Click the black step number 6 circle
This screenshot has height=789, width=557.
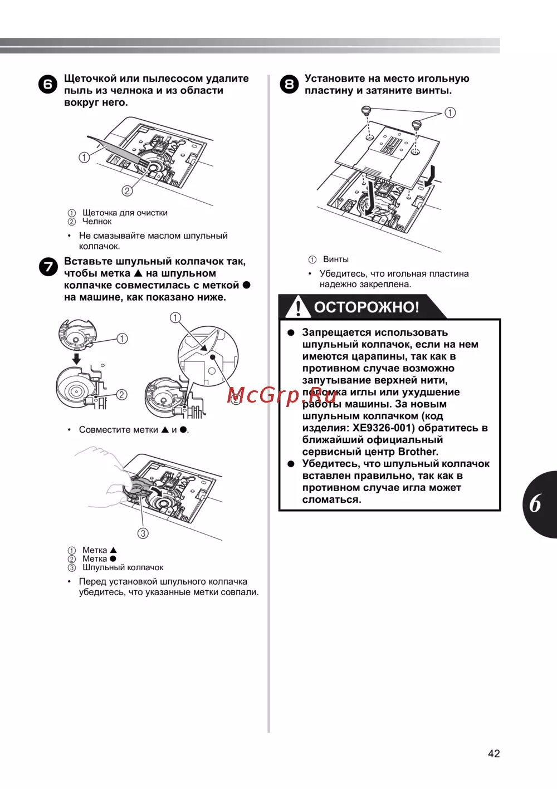(x=48, y=84)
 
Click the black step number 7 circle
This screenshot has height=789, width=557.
(x=48, y=267)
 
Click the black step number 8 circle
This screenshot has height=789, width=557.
(x=289, y=84)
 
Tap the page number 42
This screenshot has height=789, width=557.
(x=494, y=753)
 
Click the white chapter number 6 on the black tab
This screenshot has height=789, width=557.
(x=535, y=503)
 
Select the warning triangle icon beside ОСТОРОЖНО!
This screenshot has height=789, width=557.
(x=299, y=307)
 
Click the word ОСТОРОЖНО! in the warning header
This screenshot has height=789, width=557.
(x=367, y=307)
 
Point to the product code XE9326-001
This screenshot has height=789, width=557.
(x=384, y=428)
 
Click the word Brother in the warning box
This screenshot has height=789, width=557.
(x=418, y=452)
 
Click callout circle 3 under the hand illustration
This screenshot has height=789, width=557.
(x=143, y=533)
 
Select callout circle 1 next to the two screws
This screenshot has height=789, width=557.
(x=450, y=112)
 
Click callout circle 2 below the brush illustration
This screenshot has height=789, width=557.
(x=127, y=190)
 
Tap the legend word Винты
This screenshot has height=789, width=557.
(x=336, y=259)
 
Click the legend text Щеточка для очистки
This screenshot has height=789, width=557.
(x=125, y=212)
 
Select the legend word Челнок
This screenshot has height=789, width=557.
(x=97, y=221)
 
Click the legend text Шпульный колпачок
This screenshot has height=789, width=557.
(x=123, y=567)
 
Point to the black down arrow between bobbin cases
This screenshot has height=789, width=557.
(x=76, y=359)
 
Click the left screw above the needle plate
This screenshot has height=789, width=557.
(x=367, y=111)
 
